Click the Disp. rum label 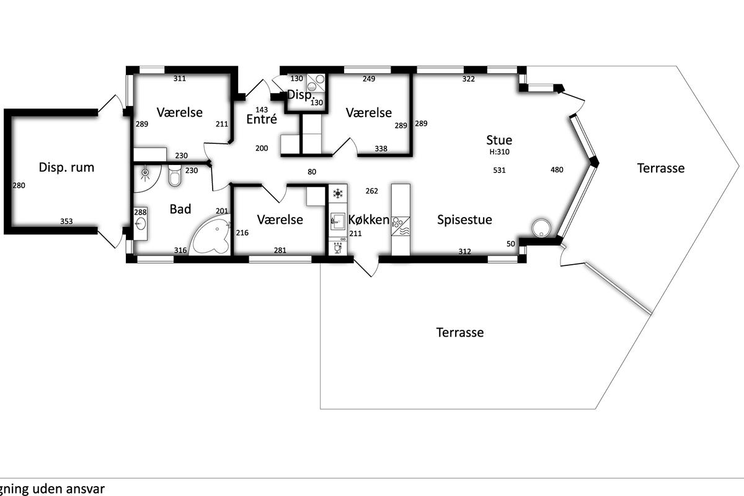pyautogui.click(x=66, y=167)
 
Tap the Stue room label pyautogui.click(x=499, y=140)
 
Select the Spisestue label pyautogui.click(x=464, y=220)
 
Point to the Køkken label pyautogui.click(x=369, y=219)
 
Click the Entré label pyautogui.click(x=262, y=119)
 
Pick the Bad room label pyautogui.click(x=180, y=210)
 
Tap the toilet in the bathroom pyautogui.click(x=175, y=175)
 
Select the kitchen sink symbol pyautogui.click(x=337, y=221)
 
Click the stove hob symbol pyautogui.click(x=401, y=226)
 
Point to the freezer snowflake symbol pyautogui.click(x=338, y=193)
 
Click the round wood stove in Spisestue pyautogui.click(x=541, y=228)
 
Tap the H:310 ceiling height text pyautogui.click(x=499, y=152)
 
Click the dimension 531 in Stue pyautogui.click(x=499, y=170)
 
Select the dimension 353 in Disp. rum pyautogui.click(x=66, y=221)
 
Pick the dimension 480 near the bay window pyautogui.click(x=557, y=170)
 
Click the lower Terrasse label pyautogui.click(x=459, y=332)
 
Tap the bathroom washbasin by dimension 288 pyautogui.click(x=141, y=223)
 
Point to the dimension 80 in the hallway pyautogui.click(x=312, y=172)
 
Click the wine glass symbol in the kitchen pyautogui.click(x=338, y=248)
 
